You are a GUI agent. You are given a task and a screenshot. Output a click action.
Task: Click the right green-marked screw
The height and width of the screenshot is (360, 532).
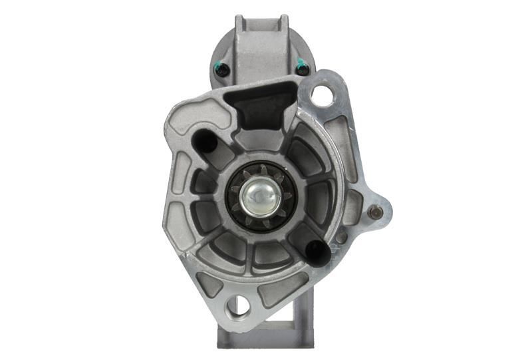coord(301,67)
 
